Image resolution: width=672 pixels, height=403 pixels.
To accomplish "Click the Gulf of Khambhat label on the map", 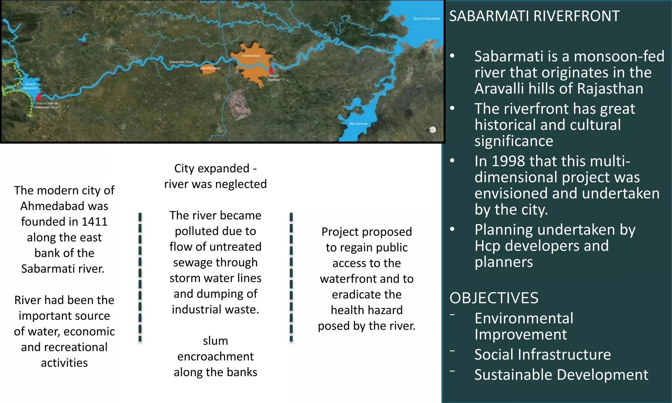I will (427, 19).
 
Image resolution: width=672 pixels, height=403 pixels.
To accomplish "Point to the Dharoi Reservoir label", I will (30, 86).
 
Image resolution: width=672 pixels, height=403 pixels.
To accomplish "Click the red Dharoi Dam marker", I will (39, 97).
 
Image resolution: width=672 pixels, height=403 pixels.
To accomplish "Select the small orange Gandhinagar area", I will (210, 70).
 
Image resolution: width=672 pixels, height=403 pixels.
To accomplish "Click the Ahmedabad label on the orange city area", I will (251, 56).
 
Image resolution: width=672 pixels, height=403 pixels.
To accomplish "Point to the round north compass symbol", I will (433, 129).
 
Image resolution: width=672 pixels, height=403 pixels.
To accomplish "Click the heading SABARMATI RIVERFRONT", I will (534, 16).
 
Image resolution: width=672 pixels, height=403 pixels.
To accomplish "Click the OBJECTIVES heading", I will (494, 298).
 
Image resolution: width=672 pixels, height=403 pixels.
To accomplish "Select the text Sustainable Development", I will (561, 374).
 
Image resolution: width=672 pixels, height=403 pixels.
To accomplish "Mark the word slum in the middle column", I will (215, 341).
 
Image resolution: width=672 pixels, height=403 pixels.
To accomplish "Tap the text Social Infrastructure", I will (542, 354).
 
